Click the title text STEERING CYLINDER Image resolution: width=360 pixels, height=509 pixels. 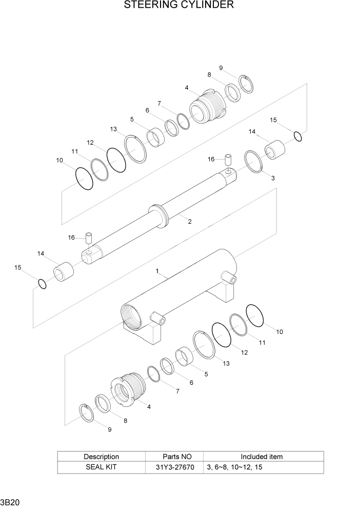179,6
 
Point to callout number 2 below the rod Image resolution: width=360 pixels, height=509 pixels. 189,222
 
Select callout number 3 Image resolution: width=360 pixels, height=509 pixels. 273,178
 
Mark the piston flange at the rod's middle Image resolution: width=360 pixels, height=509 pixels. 159,216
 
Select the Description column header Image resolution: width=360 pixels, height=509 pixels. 101,456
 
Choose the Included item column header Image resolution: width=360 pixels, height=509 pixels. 262,456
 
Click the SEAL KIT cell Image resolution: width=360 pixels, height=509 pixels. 101,467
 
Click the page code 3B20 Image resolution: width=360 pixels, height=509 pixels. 10,502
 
